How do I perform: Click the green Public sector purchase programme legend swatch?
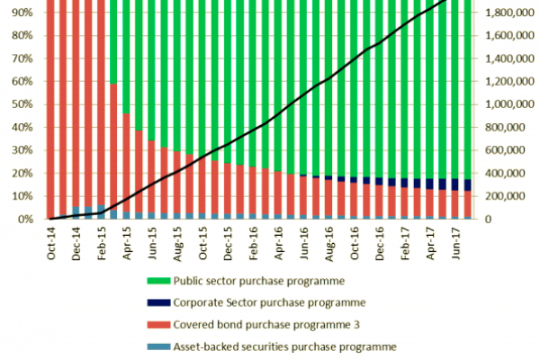160,280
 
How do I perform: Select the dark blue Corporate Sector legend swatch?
160,302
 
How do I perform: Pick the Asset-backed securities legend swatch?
160,346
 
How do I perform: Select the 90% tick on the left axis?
24,13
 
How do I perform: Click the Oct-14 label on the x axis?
54,242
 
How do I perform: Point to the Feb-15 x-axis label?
101,242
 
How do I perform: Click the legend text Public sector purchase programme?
263,280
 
